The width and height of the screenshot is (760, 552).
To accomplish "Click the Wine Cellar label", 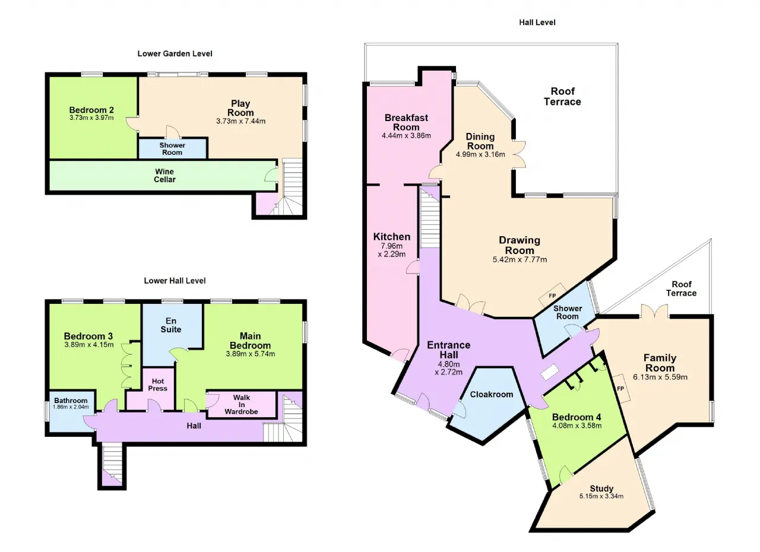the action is pos(164,175).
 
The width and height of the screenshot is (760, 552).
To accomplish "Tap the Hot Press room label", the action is pos(158,385).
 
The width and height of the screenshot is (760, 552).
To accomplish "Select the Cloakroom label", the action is pos(491,394).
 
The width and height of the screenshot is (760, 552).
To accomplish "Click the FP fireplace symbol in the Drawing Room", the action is pos(552,296).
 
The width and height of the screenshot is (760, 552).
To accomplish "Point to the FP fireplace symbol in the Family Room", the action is pos(620,389).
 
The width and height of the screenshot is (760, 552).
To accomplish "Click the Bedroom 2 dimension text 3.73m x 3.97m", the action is pos(91,118).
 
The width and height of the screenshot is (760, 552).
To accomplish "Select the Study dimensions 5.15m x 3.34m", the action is pos(601,496).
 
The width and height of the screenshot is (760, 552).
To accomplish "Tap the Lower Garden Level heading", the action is pos(175,53).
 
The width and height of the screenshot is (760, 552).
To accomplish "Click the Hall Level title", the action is pos(537,23).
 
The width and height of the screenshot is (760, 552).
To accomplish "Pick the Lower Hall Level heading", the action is pos(175,281).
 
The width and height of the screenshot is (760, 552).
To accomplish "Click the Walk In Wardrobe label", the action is pos(241,404).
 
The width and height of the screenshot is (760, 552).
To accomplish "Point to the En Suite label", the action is pos(171,325).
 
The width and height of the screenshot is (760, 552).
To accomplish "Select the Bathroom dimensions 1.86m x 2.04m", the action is pos(71,407).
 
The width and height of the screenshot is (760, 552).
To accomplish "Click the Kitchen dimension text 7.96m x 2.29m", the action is pos(392,250).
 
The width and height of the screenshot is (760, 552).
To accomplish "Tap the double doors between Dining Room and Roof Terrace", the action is pos(520,154).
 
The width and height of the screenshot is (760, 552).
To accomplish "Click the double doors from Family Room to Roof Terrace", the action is pos(655,311).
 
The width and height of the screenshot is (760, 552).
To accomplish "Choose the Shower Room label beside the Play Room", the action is pos(172,149).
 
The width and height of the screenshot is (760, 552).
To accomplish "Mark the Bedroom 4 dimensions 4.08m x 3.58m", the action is pos(577,426).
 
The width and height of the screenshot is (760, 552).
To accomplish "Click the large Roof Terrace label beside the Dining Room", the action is pos(562,96).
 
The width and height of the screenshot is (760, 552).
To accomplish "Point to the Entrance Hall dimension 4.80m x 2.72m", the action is pos(448,368).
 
